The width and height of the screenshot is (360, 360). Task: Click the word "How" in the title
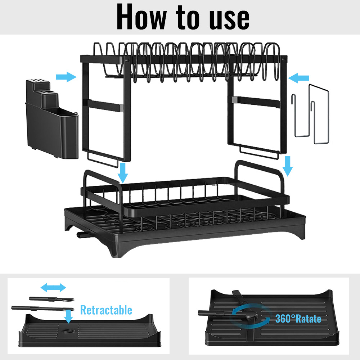click(x=141, y=17)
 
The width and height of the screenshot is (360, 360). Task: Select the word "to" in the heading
click(x=188, y=17)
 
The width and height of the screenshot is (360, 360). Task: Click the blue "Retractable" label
click(x=106, y=310)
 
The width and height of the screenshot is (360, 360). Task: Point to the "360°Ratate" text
click(x=298, y=319)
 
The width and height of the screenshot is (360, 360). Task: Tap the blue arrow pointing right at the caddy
click(x=66, y=77)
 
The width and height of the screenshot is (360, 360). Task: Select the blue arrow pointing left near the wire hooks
click(x=298, y=78)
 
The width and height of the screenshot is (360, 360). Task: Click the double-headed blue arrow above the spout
click(x=53, y=287)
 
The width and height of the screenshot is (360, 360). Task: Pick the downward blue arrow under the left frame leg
click(x=123, y=173)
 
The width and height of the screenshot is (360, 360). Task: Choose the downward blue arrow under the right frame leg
click(x=287, y=166)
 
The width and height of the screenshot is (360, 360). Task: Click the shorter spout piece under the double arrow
click(x=51, y=299)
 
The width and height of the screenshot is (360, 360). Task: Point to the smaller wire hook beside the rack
click(x=301, y=116)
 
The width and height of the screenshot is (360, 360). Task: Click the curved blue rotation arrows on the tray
click(x=251, y=316)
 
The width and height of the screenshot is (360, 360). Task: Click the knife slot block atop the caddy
click(x=38, y=85)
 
